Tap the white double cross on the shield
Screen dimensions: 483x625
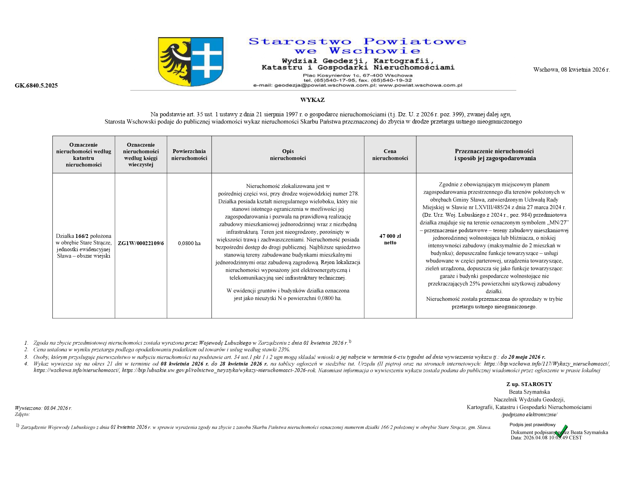click(x=207, y=61)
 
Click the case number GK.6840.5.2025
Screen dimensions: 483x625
click(x=36, y=86)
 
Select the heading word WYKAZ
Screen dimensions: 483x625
click(x=312, y=100)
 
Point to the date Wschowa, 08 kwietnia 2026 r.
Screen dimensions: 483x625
click(x=571, y=70)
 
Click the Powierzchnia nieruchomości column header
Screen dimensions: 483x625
click(x=189, y=155)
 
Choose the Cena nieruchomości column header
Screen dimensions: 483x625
click(x=390, y=155)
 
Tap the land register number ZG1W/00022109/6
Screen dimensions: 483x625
click(x=141, y=243)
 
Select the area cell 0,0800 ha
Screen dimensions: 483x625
click(x=189, y=243)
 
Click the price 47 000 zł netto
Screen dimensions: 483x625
click(x=390, y=239)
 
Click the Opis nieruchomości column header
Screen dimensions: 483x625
click(x=287, y=155)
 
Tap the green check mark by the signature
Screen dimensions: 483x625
click(x=561, y=431)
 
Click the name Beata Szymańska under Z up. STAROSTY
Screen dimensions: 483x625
click(x=529, y=392)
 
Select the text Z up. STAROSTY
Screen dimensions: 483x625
click(x=529, y=384)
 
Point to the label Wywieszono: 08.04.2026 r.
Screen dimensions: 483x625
click(x=43, y=408)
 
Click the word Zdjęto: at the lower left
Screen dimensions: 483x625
click(x=22, y=414)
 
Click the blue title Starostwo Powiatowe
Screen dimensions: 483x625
click(x=357, y=41)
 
